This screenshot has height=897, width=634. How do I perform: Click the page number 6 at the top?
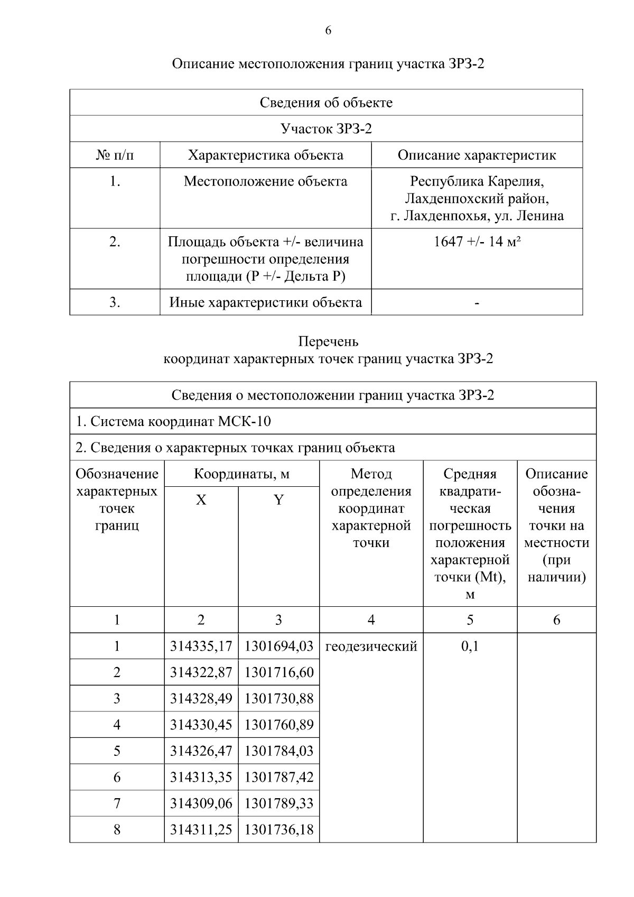click(x=328, y=31)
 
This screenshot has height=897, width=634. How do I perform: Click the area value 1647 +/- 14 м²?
click(x=477, y=242)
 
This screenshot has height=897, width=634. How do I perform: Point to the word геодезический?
click(x=371, y=646)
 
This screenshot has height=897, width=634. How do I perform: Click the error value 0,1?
click(x=470, y=646)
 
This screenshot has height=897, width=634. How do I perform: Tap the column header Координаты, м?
click(x=241, y=474)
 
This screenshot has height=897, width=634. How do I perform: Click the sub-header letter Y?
click(x=278, y=500)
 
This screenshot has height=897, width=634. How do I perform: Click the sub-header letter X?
click(x=201, y=500)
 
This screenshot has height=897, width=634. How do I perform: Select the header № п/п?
click(x=115, y=155)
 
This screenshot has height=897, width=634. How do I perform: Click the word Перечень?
click(x=328, y=341)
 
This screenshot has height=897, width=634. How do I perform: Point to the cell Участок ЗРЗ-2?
click(x=326, y=128)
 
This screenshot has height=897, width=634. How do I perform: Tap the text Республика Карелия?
click(x=477, y=181)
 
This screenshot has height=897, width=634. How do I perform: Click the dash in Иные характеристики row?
click(x=477, y=303)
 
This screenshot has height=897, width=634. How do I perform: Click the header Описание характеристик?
click(x=477, y=155)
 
